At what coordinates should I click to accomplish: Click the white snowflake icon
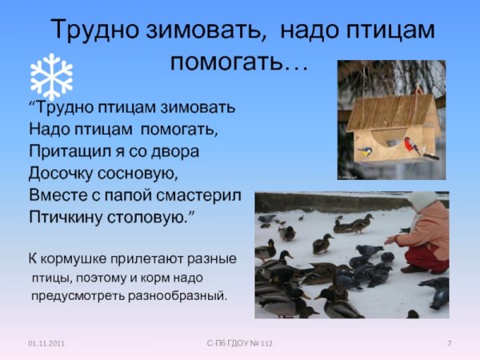tap(50, 76)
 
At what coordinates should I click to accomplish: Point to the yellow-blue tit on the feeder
tap(364, 150)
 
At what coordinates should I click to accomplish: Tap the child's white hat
tap(422, 201)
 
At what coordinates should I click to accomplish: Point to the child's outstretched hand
tap(391, 238)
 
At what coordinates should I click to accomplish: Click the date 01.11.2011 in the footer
tap(46, 343)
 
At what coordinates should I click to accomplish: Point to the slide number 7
tap(450, 343)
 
